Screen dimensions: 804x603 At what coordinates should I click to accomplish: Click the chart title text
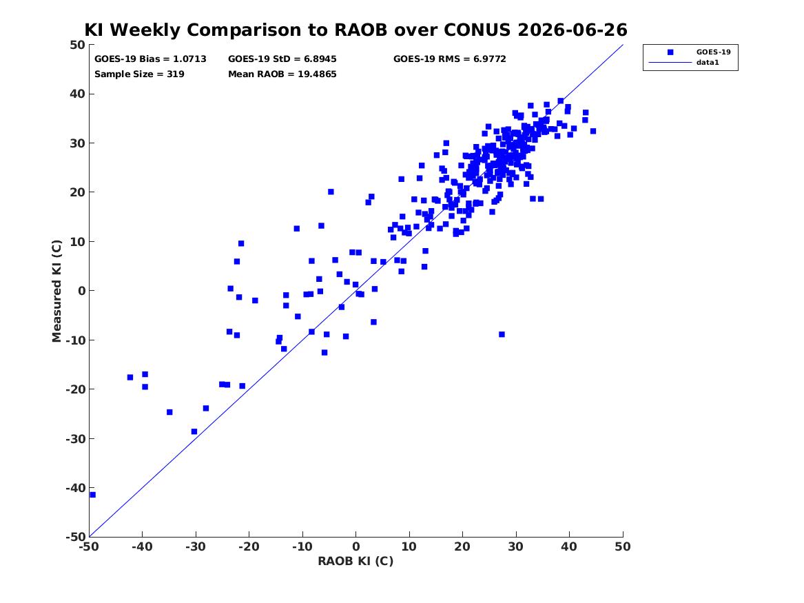pos(355,30)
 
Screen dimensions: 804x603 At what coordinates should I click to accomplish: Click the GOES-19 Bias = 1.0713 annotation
pos(150,59)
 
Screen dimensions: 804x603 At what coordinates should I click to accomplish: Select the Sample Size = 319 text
pos(139,74)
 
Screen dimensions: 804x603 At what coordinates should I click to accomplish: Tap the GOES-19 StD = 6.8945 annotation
pos(282,59)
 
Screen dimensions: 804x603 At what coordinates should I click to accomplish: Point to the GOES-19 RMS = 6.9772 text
pos(450,59)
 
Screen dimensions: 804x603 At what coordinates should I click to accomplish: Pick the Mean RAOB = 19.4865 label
pos(282,74)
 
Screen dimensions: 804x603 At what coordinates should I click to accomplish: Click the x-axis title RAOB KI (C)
pos(355,561)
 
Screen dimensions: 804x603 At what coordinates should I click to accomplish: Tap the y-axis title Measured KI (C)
pos(56,291)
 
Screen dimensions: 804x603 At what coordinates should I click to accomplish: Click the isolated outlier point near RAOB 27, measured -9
pos(502,334)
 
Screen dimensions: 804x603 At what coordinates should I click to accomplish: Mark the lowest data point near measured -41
pos(93,495)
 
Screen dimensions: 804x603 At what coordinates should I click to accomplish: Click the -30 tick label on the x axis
pos(196,546)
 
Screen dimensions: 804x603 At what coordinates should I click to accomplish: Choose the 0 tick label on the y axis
pos(81,291)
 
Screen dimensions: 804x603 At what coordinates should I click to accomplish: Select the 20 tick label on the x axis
pos(462,546)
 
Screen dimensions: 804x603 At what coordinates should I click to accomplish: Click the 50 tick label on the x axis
pos(623,546)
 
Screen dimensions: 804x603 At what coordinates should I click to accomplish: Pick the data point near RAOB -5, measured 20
pos(331,192)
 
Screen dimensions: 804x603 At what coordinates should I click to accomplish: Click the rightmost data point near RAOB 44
pos(593,131)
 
